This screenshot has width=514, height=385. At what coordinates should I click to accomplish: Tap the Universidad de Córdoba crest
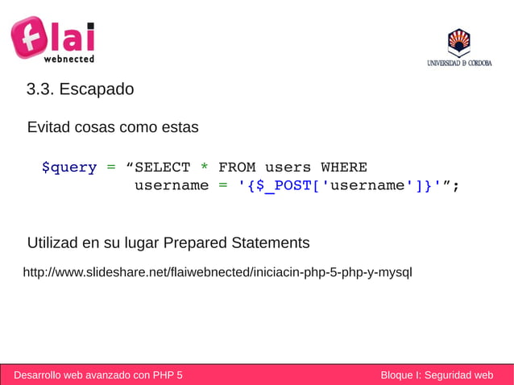coord(458,41)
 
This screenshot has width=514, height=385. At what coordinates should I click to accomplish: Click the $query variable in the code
coord(69,168)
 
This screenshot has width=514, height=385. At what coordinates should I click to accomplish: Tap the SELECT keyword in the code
coord(163,168)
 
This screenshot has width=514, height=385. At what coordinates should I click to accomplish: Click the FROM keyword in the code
coord(237,168)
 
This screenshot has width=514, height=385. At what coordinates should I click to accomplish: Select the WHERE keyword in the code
coord(344,168)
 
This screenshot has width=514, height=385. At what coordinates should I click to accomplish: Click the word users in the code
coord(288,168)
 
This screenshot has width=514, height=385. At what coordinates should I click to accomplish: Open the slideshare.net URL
coord(218,272)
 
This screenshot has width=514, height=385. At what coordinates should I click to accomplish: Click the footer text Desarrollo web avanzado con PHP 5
coord(98,375)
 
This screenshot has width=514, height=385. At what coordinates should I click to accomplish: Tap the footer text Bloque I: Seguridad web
coord(437,375)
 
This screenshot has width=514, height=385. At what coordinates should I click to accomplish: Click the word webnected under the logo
coord(68,59)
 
